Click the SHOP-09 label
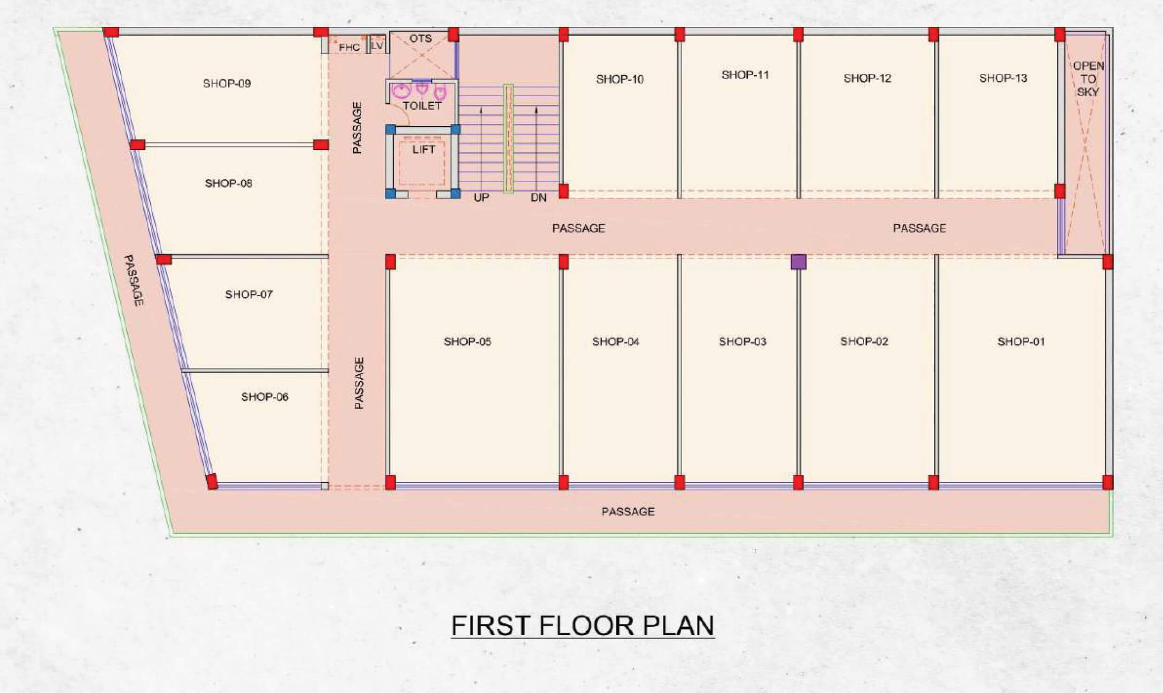pos(227,84)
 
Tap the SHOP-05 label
pos(467,341)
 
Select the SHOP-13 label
pos(1003,78)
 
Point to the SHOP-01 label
pos(1021,341)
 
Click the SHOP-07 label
pos(249,294)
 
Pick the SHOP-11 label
pos(745,75)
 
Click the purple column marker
pos(799,262)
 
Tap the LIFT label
pos(424,149)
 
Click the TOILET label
pos(422,106)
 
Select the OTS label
pos(420,38)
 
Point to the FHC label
pos(349,47)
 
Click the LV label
pos(377,46)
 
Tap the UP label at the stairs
pos(481,198)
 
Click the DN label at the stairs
pos(538,198)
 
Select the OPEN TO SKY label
pos(1088,79)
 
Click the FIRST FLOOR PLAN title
pos(583,625)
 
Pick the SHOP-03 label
pos(742,341)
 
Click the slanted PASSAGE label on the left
pos(133,280)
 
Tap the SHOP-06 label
pos(264,397)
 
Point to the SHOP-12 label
pos(867,78)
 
